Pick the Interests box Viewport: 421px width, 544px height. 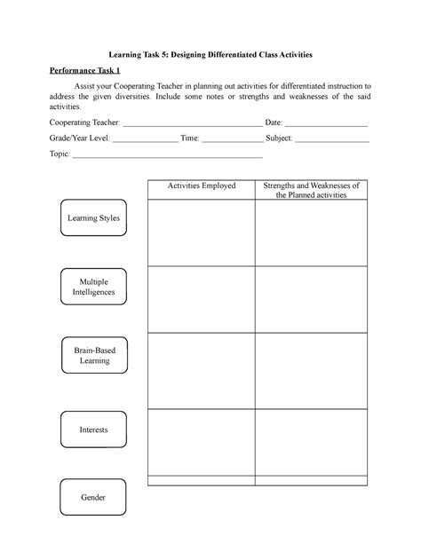[93, 430]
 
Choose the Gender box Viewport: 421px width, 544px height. [93, 498]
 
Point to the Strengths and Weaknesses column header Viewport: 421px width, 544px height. [311, 190]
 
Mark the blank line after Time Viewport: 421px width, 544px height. [233, 139]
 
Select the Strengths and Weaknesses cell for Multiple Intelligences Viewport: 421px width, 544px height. [311, 299]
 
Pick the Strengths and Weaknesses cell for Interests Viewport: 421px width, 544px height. [311, 441]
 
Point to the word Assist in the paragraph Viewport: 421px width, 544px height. [97, 86]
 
